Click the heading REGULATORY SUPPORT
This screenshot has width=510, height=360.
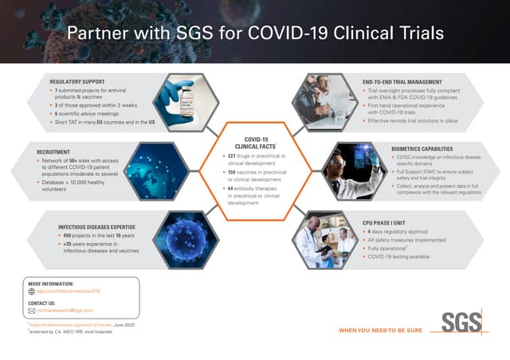(x=77, y=81)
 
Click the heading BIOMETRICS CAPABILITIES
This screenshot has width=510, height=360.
(x=427, y=148)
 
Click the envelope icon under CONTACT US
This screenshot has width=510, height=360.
(x=32, y=311)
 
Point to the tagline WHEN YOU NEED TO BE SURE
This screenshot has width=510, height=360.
(x=380, y=330)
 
